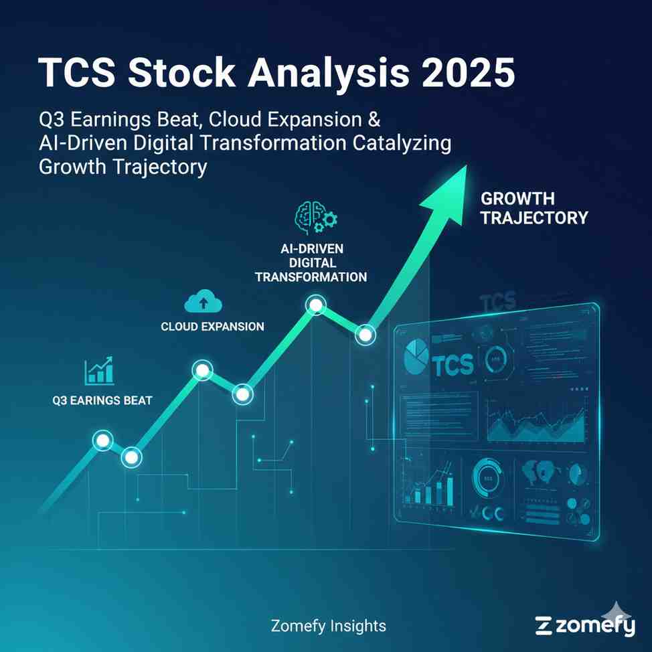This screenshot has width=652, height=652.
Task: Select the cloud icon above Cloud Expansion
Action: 203,303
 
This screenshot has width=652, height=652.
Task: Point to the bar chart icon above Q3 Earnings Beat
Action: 100,370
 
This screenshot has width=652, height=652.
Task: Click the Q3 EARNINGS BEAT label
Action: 102,401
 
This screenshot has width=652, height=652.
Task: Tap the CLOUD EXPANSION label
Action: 212,327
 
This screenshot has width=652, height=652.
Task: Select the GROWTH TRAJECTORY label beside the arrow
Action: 534,208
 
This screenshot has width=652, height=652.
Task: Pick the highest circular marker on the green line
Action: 315,306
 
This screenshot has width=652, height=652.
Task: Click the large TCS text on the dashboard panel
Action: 453,365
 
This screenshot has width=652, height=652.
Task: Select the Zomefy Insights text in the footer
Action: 329,627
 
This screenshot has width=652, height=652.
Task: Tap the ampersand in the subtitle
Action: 373,121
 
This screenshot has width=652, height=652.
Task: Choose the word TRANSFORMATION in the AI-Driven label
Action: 311,276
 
